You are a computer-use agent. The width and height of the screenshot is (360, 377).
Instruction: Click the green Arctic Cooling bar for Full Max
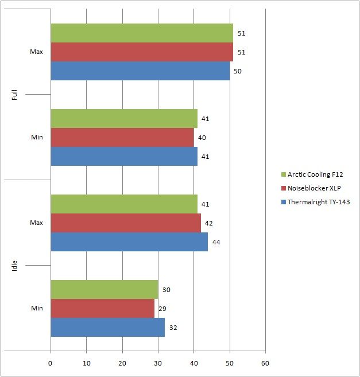(142, 33)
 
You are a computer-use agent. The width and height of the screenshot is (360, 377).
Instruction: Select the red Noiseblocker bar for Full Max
(142, 52)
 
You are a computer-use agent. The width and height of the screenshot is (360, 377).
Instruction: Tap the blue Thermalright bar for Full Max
(140, 71)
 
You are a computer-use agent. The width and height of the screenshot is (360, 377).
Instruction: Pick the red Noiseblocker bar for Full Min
(122, 138)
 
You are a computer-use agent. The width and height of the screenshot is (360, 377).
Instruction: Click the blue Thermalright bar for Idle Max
(129, 242)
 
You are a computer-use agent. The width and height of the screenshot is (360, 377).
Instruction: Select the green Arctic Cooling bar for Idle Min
(104, 290)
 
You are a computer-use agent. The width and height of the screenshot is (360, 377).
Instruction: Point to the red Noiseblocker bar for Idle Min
(103, 309)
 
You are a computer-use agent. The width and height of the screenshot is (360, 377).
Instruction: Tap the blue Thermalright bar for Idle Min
(108, 327)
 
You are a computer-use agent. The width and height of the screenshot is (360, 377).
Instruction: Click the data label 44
(216, 242)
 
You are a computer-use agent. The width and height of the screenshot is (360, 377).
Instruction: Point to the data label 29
(162, 309)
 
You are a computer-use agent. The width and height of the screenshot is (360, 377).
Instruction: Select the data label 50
(238, 71)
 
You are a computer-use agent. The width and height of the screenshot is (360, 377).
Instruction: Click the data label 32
(173, 327)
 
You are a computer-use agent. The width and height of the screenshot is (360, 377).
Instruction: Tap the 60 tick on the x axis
(265, 363)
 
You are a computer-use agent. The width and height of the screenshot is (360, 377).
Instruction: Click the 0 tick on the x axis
(51, 363)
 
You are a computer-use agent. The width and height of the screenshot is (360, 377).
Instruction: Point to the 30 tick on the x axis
(158, 363)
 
